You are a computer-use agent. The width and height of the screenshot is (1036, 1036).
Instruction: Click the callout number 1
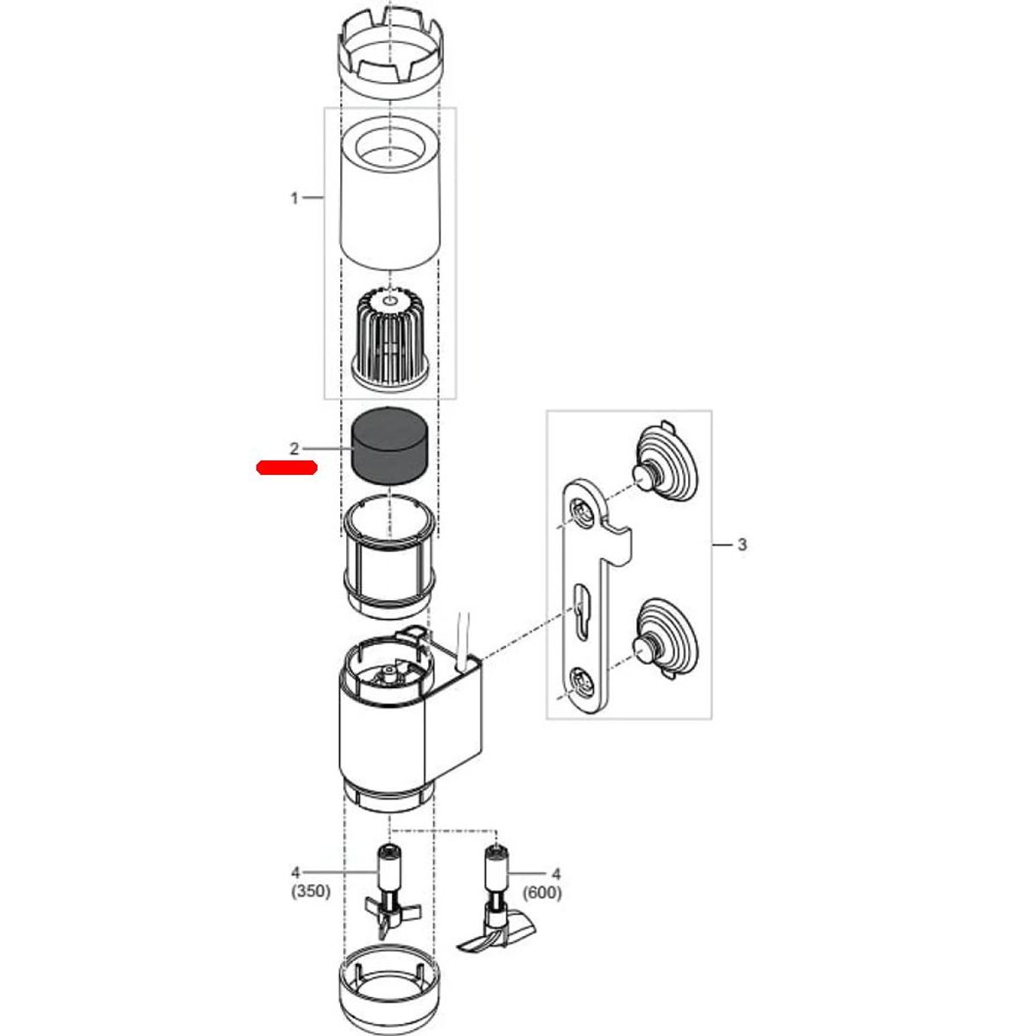tap(294, 199)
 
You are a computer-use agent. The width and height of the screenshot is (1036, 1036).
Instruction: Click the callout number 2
tap(294, 448)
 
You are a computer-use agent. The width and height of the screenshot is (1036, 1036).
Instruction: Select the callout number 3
tap(742, 545)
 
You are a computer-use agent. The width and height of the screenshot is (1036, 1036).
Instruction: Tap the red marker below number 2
tap(287, 468)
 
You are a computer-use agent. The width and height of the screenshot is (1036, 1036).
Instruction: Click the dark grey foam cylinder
tap(389, 447)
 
